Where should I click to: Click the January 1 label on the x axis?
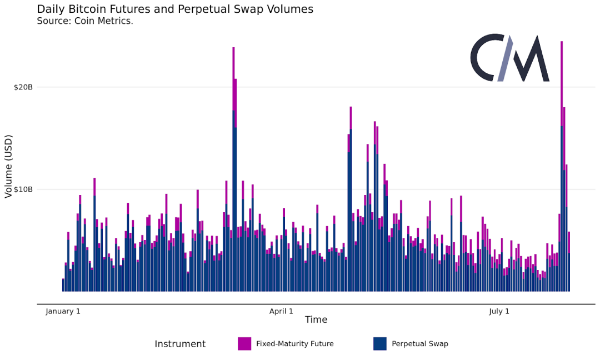[63, 311]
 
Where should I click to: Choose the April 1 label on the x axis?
[281, 311]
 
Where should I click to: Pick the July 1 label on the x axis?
[499, 311]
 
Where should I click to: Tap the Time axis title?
[316, 320]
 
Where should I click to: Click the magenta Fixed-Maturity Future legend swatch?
[244, 344]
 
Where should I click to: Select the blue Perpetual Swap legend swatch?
[380, 344]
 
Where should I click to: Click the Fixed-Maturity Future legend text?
[295, 344]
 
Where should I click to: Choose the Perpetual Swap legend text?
[420, 344]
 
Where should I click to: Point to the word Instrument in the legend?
[180, 344]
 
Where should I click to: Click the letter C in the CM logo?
[487, 58]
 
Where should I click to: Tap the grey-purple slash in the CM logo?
[506, 58]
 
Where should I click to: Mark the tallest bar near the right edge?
[562, 167]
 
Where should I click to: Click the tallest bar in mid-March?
[233, 167]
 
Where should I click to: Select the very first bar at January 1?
[63, 284]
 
